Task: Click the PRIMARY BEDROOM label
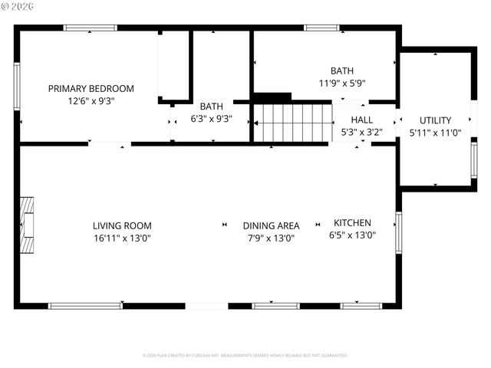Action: (x=91, y=88)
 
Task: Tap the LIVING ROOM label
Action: (x=122, y=225)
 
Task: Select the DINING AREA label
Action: (x=271, y=225)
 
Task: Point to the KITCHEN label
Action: (x=352, y=223)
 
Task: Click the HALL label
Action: (x=362, y=120)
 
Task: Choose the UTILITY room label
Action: (x=435, y=120)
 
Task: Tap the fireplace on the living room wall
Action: (x=27, y=225)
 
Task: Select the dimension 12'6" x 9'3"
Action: (x=91, y=100)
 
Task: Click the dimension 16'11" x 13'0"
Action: (x=122, y=238)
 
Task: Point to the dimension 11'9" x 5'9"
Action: (x=342, y=83)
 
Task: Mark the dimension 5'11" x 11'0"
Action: (x=435, y=133)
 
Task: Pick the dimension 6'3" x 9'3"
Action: (x=211, y=119)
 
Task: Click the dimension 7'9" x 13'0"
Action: (x=271, y=238)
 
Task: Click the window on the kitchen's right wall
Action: (x=398, y=232)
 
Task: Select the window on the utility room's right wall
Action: (x=473, y=160)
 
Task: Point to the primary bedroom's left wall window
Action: (x=17, y=87)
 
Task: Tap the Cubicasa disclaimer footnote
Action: (x=245, y=356)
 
